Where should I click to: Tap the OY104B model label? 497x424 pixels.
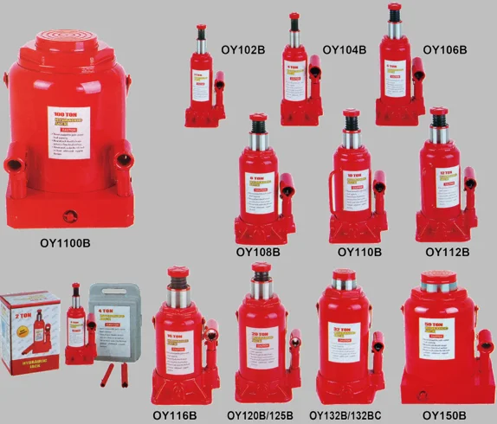tap(345, 49)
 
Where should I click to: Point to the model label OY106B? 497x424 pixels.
tap(444, 49)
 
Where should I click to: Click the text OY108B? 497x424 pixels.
tap(258, 253)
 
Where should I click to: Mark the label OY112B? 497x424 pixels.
tap(448, 253)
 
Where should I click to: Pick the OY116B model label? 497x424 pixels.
tap(176, 415)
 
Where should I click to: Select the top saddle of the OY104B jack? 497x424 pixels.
tap(294, 16)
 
